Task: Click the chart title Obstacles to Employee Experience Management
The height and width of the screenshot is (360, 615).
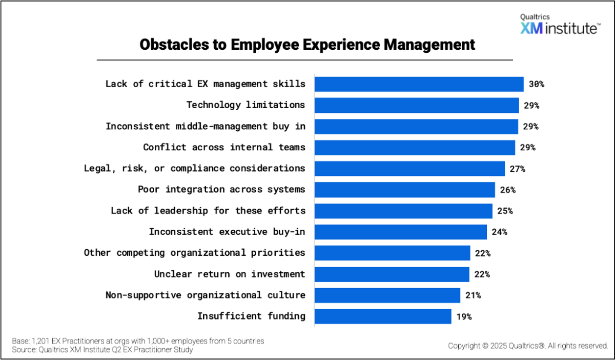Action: (x=307, y=45)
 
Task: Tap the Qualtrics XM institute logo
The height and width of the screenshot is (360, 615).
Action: (x=559, y=25)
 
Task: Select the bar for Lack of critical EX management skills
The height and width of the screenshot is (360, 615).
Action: (x=419, y=84)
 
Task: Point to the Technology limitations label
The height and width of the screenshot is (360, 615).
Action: (x=245, y=105)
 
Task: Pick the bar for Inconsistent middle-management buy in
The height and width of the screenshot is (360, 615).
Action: (x=416, y=127)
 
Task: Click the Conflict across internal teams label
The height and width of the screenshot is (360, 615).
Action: (x=224, y=148)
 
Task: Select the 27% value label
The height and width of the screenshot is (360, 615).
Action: (x=517, y=169)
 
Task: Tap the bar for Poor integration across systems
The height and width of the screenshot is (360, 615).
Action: (x=404, y=190)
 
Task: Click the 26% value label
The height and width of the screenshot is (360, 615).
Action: (x=507, y=190)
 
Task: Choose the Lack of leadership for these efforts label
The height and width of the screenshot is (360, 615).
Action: (x=208, y=211)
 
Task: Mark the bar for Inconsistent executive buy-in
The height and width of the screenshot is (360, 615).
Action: (x=400, y=232)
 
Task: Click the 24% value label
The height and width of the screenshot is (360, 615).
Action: (x=499, y=232)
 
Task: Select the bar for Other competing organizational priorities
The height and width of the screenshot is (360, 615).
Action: (x=392, y=253)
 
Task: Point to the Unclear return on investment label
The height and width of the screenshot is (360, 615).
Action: (x=230, y=274)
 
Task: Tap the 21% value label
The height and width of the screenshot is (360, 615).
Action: (x=473, y=295)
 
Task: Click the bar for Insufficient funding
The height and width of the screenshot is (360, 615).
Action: (x=383, y=316)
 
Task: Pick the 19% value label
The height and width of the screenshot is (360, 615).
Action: (x=464, y=316)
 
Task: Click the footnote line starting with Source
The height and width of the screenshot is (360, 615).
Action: (x=102, y=350)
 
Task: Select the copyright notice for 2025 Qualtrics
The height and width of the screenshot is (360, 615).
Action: (x=528, y=346)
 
